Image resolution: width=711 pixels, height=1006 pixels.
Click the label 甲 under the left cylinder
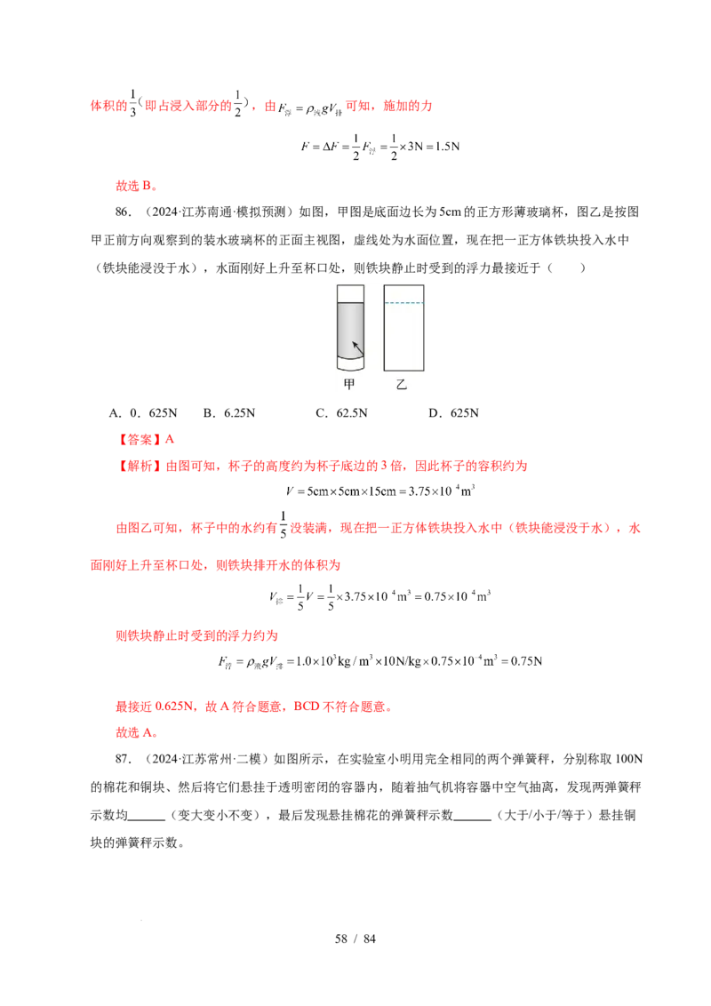coord(349,384)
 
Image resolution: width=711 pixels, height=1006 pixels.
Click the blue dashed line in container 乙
coord(404,303)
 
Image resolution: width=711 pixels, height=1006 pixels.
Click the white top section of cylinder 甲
coord(351,293)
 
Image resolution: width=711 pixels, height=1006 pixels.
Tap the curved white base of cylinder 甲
coord(351,363)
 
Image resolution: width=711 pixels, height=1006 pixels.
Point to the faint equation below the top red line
coord(382,149)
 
